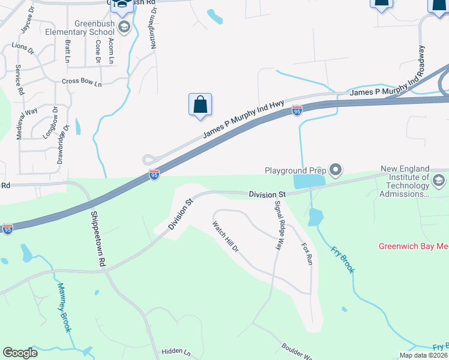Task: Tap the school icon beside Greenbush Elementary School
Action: point(124,26)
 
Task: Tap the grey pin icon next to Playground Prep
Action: point(336,172)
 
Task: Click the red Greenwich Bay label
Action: point(413,246)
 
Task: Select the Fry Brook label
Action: point(342,259)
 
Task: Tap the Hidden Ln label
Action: point(175,352)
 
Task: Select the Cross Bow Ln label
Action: point(82,82)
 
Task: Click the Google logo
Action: point(20,353)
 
